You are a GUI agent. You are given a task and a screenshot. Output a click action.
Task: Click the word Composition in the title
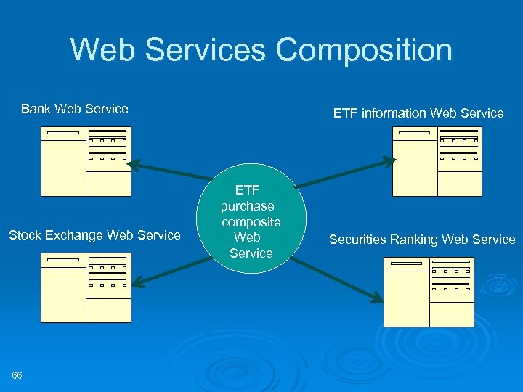pos(364,50)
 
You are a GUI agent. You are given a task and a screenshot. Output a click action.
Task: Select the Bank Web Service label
pos(75,109)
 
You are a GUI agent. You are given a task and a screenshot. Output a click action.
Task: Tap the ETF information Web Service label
pos(418,113)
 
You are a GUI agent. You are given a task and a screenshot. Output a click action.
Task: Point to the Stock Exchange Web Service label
pos(94,234)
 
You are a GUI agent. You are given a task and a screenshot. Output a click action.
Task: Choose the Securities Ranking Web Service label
pos(422,239)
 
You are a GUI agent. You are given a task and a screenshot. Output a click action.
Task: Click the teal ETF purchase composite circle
pos(251,221)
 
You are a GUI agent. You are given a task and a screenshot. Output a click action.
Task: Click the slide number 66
pos(17,375)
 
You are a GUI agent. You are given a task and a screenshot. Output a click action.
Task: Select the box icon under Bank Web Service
pos(86,161)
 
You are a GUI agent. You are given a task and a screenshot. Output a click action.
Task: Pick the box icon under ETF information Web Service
pos(437,161)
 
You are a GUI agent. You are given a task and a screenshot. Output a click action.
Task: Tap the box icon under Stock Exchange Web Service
pos(86,287)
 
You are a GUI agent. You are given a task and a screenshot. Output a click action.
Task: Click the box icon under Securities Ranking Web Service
pos(428,291)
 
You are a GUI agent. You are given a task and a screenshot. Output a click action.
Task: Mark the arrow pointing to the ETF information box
pos(342,171)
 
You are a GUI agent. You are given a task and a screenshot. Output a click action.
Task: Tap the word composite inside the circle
pos(251,221)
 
